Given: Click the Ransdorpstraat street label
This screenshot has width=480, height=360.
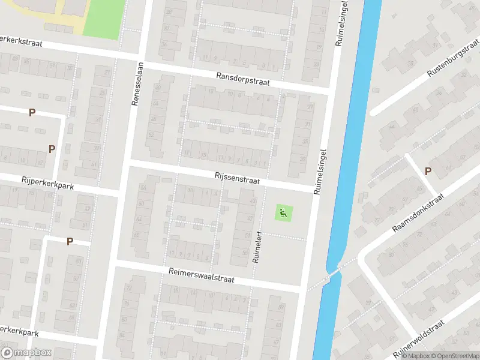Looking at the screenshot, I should [x=244, y=79].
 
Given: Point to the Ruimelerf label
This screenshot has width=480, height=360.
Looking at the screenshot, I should [x=256, y=248].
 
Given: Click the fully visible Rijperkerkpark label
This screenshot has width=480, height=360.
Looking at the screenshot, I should [x=47, y=182].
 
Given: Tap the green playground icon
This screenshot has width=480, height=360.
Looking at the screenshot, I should [x=283, y=212].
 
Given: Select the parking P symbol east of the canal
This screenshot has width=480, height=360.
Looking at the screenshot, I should [x=428, y=171].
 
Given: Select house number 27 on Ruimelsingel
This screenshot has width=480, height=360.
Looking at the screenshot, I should [x=310, y=107].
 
